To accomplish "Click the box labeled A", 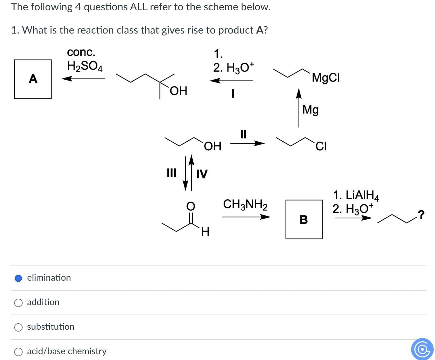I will pos(33,79).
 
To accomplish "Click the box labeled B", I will pos(304,219).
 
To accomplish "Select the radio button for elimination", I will pos(19,278).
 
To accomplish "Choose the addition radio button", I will pos(19,303).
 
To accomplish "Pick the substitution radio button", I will pos(19,327).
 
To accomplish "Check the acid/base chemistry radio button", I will pos(19,352).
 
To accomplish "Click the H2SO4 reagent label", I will pos(85,66).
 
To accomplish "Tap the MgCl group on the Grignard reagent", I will pos(326,78).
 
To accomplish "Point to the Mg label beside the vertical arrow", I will pos(310,110).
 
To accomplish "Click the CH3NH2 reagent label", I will pos(245,205).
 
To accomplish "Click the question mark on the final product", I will pos(420,214).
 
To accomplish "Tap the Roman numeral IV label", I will pos(202,174).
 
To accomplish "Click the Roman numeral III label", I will pos(171,173).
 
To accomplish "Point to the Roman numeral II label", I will pos(243,134).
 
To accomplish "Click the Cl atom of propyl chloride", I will pos(321,146).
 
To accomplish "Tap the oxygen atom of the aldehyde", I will pos(191,206).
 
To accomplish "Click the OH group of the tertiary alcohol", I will pos(178,91).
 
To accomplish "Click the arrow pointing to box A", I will pos(83,78).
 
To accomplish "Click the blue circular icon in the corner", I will pos(422,349).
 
